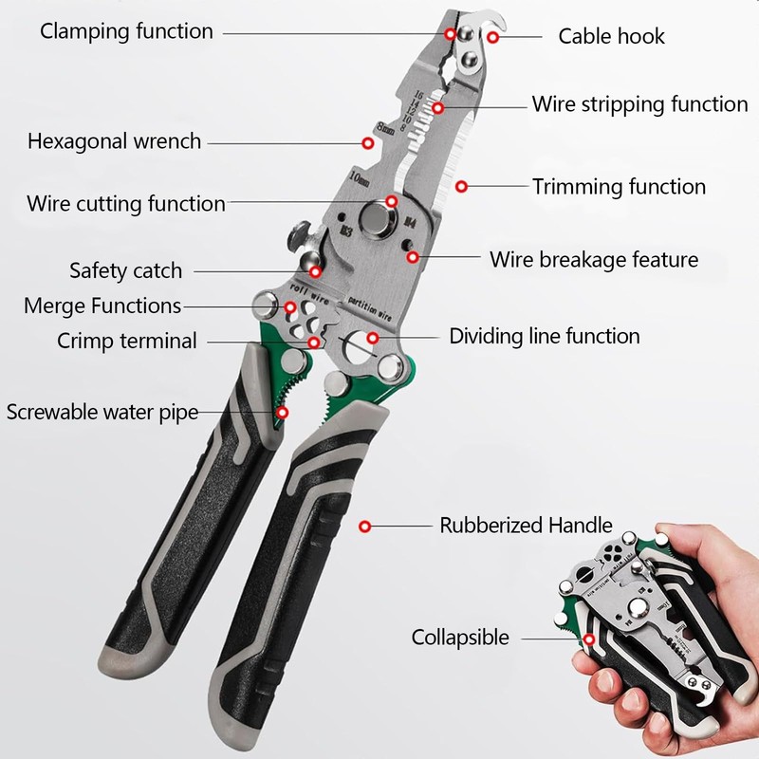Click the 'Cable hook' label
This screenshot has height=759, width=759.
click(x=611, y=37)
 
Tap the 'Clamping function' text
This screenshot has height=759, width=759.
click(x=126, y=30)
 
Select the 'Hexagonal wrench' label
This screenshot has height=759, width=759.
click(x=114, y=141)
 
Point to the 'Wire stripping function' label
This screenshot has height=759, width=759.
click(x=639, y=103)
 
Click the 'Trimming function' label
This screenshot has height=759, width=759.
click(x=619, y=187)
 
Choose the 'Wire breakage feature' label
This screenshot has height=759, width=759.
click(x=594, y=259)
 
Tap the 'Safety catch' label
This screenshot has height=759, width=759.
click(x=125, y=270)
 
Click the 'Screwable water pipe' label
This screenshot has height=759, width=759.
click(x=102, y=413)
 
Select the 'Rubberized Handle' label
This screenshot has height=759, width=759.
click(x=526, y=525)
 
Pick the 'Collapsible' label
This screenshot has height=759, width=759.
click(x=460, y=638)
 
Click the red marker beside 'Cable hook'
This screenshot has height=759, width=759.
click(x=493, y=38)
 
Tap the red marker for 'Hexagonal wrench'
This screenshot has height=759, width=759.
click(x=367, y=143)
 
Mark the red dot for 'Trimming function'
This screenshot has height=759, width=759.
click(x=461, y=187)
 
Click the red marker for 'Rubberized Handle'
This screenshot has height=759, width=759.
click(x=364, y=525)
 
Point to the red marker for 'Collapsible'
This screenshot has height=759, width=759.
click(x=588, y=639)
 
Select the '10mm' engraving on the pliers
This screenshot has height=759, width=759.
click(x=359, y=176)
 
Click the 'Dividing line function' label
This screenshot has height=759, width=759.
click(x=545, y=336)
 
